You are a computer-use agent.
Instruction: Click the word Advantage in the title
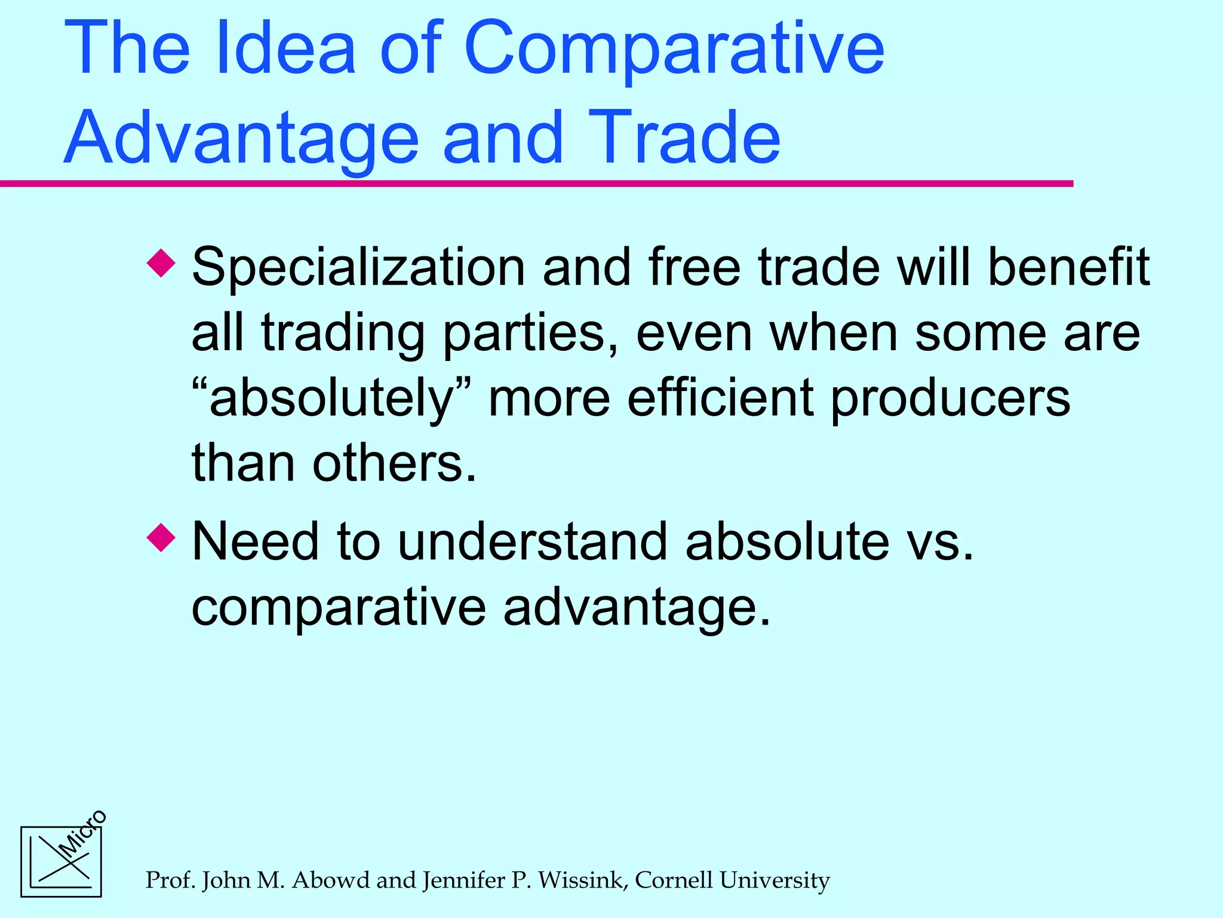(242, 139)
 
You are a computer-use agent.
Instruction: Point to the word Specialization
(358, 268)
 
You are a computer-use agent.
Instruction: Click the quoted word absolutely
(332, 399)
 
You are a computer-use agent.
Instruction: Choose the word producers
(950, 399)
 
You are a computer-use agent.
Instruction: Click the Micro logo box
(62, 861)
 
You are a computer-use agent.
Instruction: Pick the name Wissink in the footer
(583, 880)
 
